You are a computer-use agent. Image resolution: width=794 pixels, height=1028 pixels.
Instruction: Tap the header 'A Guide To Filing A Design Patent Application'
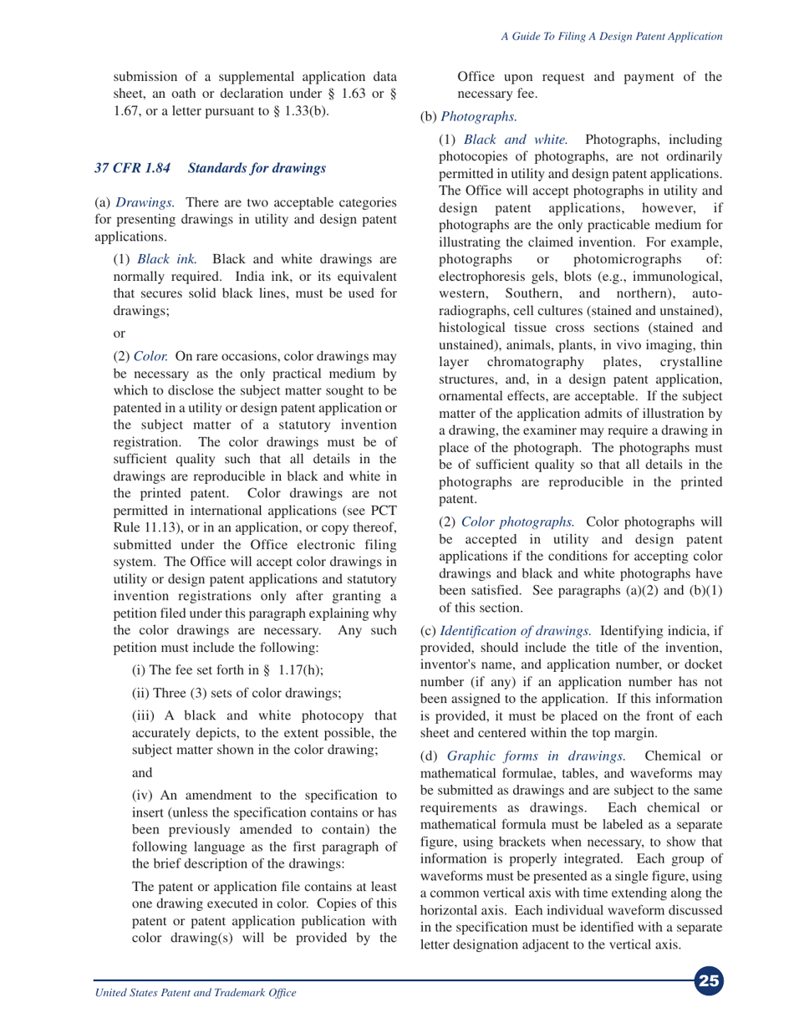[x=612, y=37]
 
